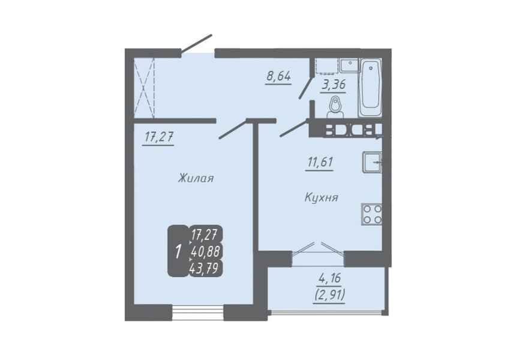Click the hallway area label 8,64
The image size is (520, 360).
coord(278,76)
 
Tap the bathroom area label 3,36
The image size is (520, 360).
coord(333,85)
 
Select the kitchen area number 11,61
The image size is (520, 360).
coord(320,162)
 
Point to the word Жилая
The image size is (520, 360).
coord(196,179)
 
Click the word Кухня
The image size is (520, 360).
coord(321,198)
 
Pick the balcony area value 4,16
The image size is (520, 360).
coord(329,278)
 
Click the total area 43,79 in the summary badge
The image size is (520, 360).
coord(205,268)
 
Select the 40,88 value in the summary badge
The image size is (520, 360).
coord(205,251)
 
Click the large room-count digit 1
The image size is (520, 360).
coord(178,251)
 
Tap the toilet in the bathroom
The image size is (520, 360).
coord(336,107)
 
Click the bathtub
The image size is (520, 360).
coord(370,88)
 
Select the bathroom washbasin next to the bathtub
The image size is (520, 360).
coord(348,65)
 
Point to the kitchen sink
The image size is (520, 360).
coord(372,162)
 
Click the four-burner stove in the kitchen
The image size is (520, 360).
coord(371,214)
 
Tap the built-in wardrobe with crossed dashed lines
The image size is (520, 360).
coord(145,88)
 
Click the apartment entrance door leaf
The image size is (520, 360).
coord(196,43)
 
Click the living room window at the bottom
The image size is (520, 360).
coord(198,313)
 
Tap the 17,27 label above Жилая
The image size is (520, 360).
coord(158,137)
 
